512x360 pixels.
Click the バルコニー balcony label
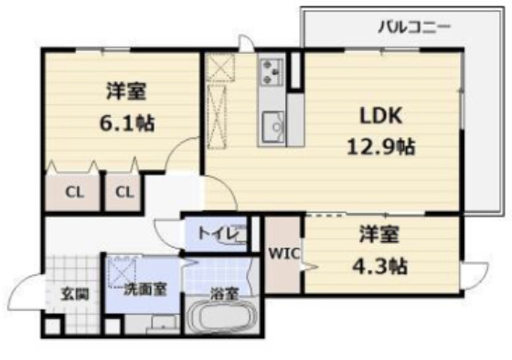pos(414,26)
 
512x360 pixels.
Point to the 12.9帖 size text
pos(380,146)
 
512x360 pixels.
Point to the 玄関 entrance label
pos(74,294)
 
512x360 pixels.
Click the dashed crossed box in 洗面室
pos(122,270)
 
